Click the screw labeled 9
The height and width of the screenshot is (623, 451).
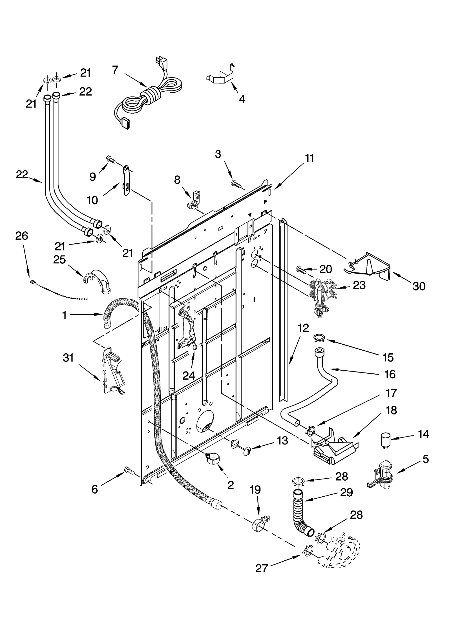pos(111,159)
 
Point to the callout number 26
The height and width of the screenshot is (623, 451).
pos(22,236)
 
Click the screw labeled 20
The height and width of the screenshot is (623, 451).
pos(300,270)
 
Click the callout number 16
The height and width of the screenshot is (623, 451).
pos(390,374)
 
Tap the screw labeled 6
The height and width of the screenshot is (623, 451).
pos(129,470)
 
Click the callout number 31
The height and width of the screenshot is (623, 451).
pos(68,358)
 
